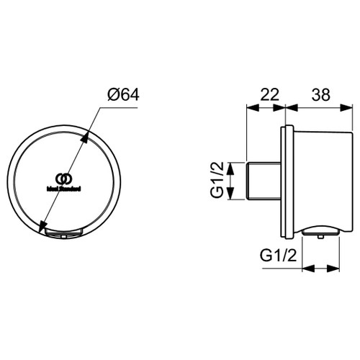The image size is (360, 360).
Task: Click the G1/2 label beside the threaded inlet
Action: [215, 181]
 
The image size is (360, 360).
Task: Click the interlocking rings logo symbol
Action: [64, 179]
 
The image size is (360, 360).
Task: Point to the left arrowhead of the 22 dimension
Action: [251, 107]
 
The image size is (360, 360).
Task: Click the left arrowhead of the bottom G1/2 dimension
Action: [304, 268]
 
